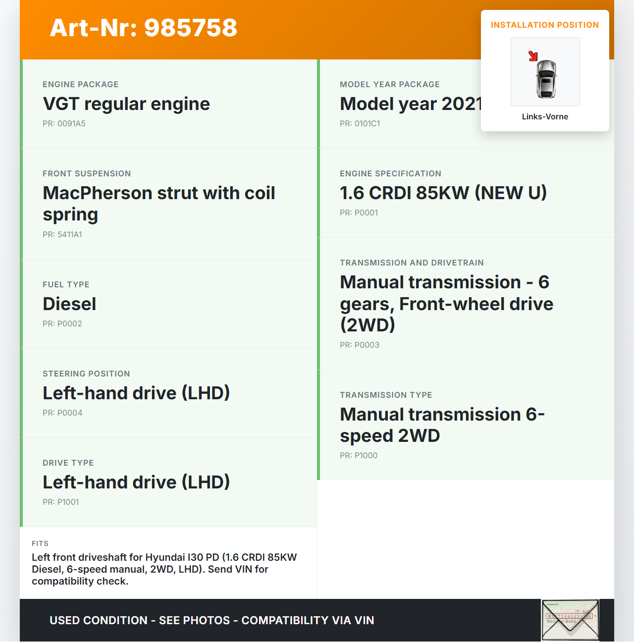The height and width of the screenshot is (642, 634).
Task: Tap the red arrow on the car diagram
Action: [533, 56]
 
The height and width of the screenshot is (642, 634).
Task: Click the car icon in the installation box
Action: [546, 78]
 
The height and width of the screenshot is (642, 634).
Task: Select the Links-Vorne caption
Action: [545, 117]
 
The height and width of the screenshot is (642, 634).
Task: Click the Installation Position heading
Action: [545, 25]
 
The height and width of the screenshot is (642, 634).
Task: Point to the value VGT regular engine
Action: [126, 104]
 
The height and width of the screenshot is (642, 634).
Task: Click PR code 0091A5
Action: [64, 124]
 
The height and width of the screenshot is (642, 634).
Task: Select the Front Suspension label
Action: [87, 174]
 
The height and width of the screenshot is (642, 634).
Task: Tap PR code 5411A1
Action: [62, 235]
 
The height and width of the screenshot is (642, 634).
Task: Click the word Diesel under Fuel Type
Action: [69, 304]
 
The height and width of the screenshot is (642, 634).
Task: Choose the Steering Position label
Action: [86, 374]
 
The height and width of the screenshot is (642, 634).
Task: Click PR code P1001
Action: [61, 502]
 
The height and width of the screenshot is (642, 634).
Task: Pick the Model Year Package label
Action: [390, 85]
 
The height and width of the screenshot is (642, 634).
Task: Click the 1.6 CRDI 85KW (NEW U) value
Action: [443, 193]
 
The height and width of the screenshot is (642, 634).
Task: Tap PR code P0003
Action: [360, 345]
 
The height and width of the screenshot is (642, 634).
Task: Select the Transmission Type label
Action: [386, 395]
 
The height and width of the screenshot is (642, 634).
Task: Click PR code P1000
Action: [359, 456]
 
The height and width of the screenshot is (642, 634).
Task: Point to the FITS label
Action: [40, 543]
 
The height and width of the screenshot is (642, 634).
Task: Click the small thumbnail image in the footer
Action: [570, 620]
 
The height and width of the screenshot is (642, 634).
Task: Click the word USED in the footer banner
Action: [65, 621]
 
